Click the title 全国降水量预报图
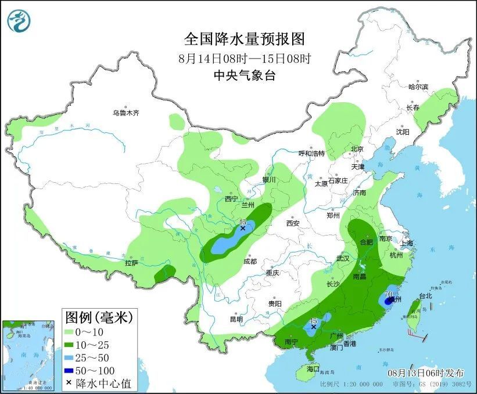tap(244, 39)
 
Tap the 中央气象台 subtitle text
tap(244, 75)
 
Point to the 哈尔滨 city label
tap(418, 86)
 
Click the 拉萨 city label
tap(131, 263)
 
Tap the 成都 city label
tap(250, 261)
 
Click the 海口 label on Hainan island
tap(313, 369)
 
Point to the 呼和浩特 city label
tap(311, 154)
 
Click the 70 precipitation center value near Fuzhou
tap(389, 295)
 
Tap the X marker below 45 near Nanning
tap(314, 327)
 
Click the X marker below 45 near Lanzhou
tap(243, 229)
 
